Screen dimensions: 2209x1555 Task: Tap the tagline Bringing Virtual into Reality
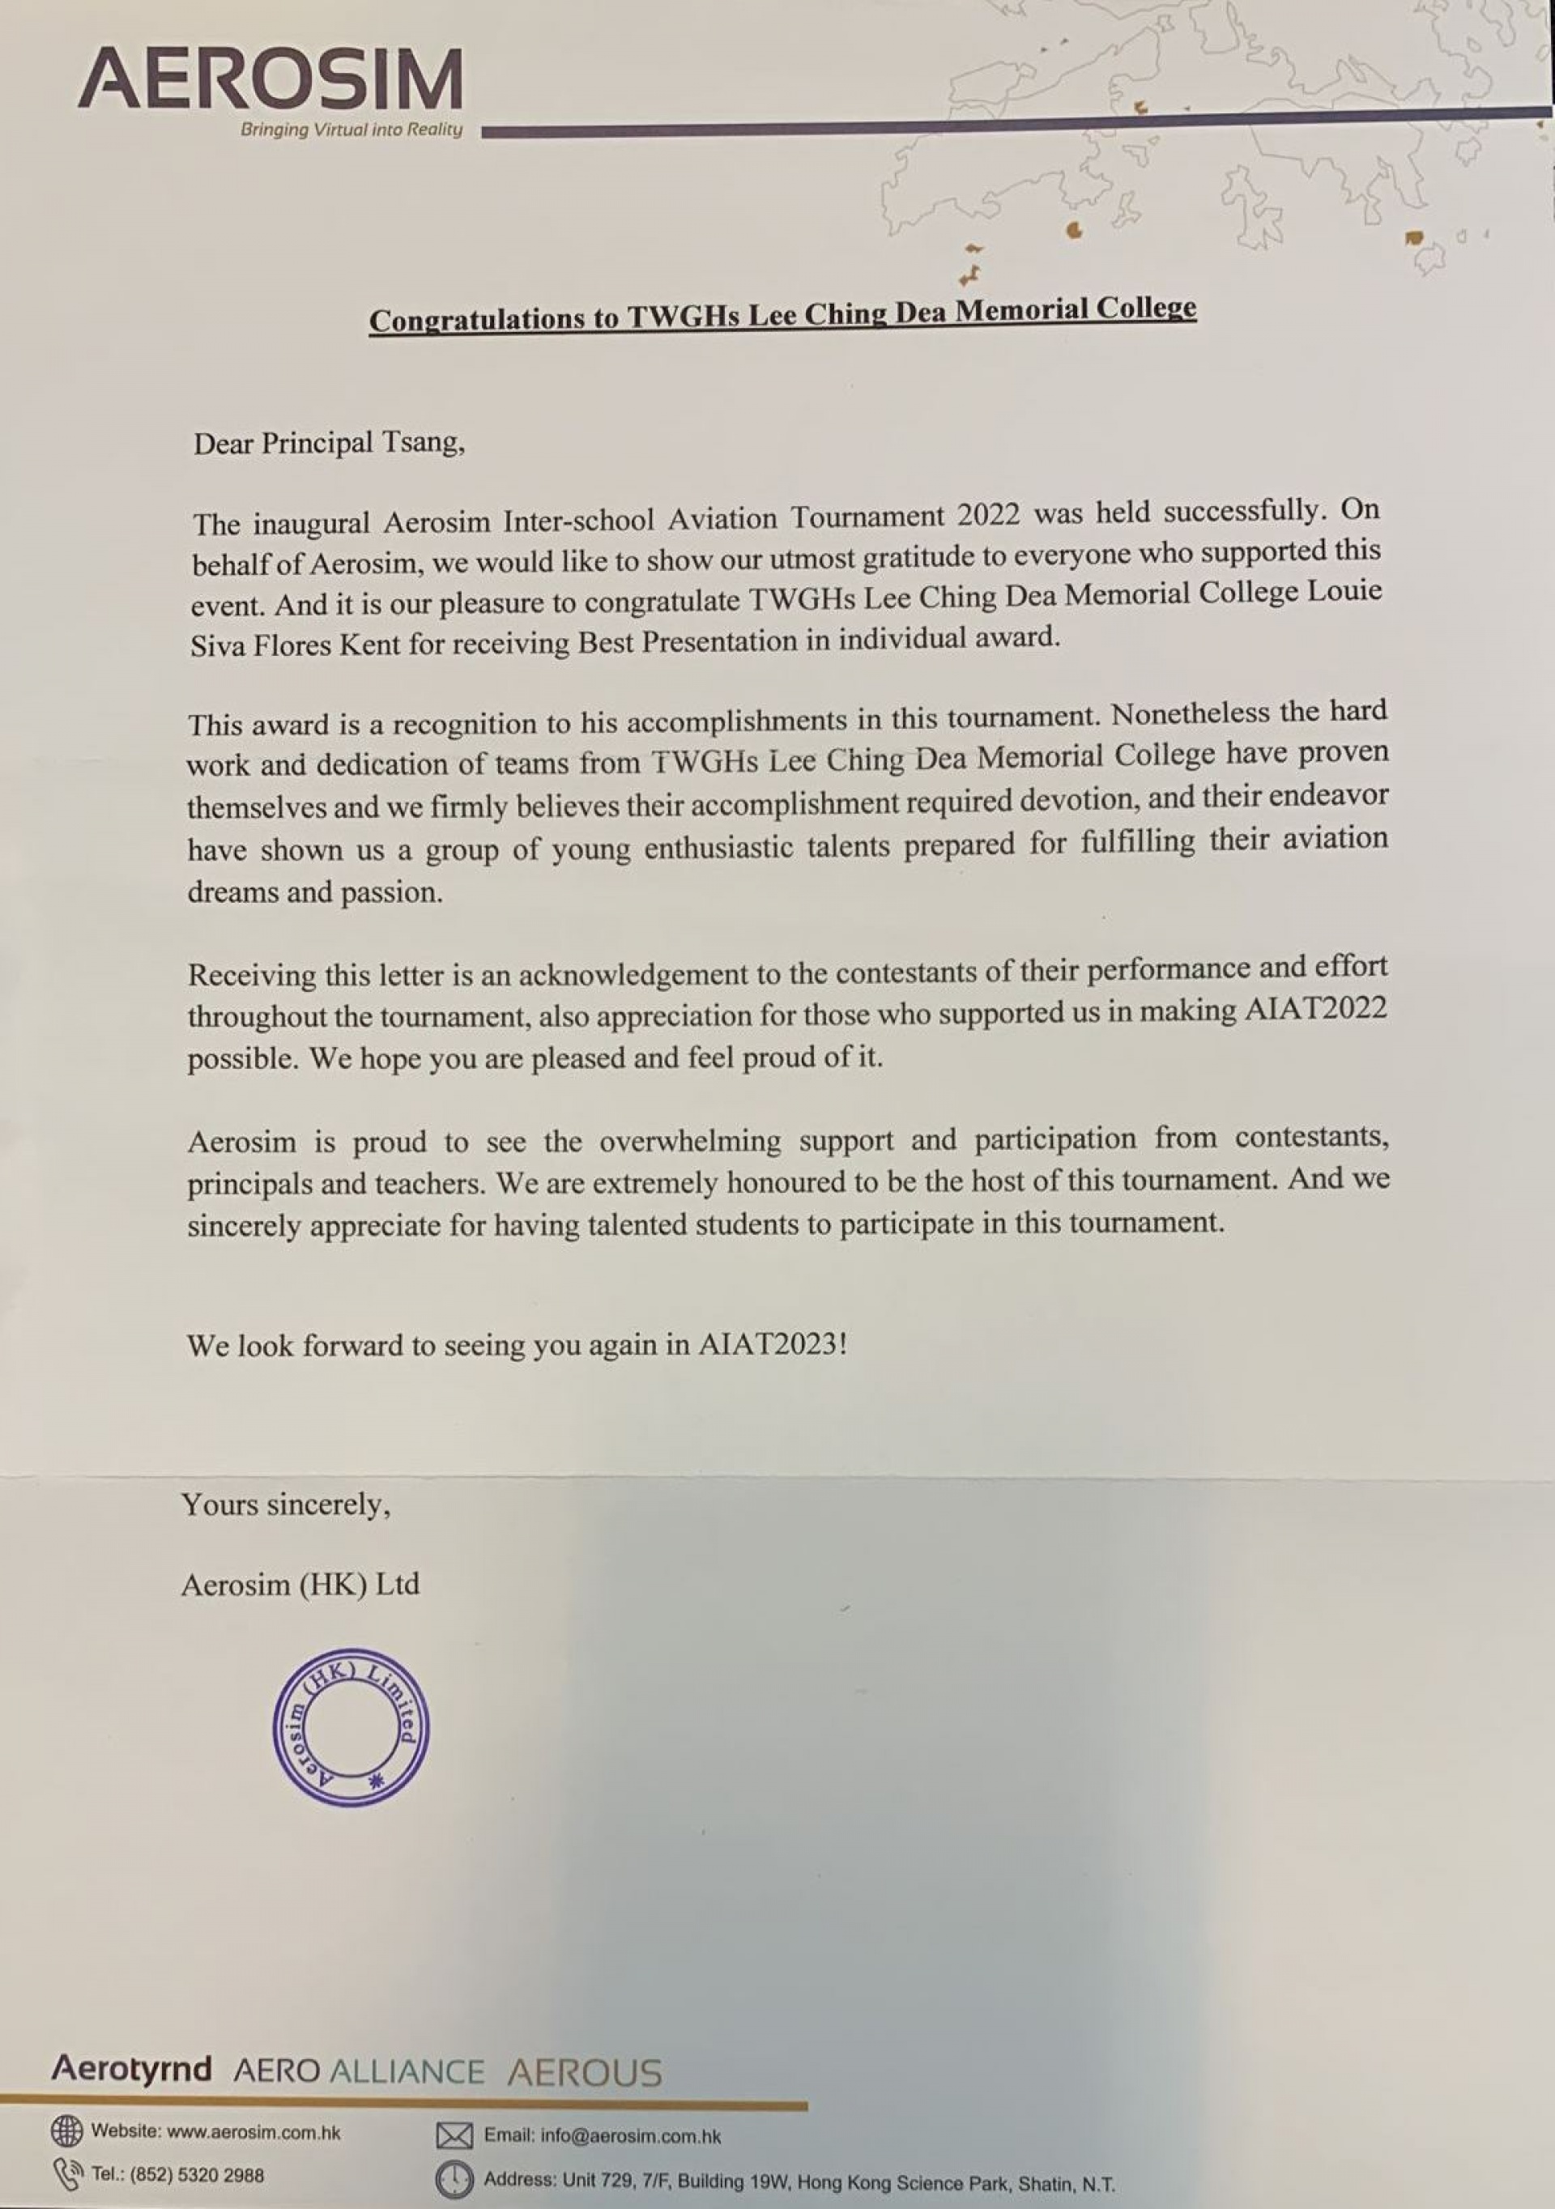(351, 130)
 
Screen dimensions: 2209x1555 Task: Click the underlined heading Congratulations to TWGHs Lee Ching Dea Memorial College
(782, 315)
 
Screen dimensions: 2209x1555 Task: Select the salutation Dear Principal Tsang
(329, 444)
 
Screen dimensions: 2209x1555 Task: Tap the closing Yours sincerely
(286, 1505)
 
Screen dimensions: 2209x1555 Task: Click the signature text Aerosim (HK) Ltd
(300, 1585)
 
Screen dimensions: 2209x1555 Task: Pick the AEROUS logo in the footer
(584, 2072)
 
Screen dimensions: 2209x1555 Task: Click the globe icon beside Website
(66, 2131)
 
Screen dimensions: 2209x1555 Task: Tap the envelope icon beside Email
(454, 2136)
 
